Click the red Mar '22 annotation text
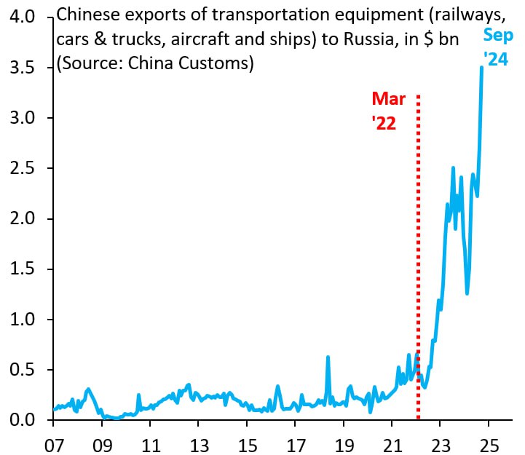(388, 111)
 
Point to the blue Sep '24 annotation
(498, 48)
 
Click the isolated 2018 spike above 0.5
(328, 357)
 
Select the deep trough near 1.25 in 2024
(467, 293)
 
